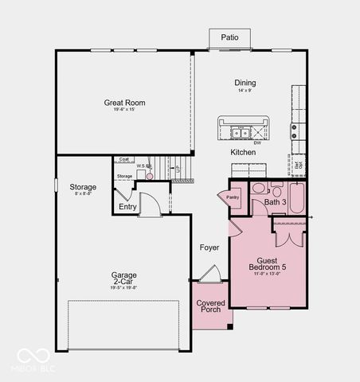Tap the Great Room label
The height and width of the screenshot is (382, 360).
point(123,103)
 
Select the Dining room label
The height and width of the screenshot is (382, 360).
point(245,84)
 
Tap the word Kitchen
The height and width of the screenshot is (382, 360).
point(243,152)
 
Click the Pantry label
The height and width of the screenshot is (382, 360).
point(233,197)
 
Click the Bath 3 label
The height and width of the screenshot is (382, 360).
point(275,203)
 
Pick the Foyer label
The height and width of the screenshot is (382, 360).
point(209,248)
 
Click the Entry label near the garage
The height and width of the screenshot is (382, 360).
point(127,207)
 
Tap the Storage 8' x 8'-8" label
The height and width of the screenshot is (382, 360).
point(83,189)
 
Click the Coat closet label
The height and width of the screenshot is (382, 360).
point(124,159)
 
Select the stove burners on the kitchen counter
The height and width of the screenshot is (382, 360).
point(295,131)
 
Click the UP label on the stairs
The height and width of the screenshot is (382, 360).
point(178,170)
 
